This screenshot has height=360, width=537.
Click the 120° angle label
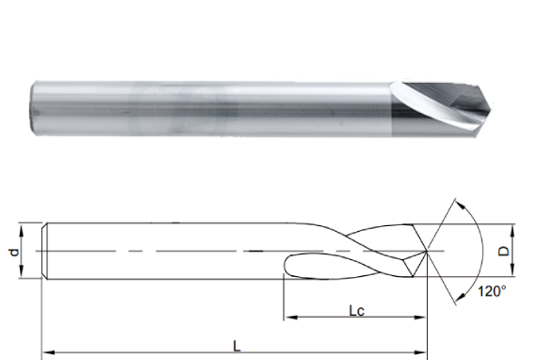(x=492, y=291)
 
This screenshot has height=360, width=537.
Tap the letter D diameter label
(x=503, y=252)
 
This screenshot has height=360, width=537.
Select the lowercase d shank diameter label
(x=14, y=253)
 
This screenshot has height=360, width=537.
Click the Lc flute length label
(x=357, y=311)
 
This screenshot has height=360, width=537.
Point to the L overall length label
(x=236, y=346)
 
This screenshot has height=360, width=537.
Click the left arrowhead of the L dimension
(x=48, y=352)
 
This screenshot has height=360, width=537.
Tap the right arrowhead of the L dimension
(x=420, y=352)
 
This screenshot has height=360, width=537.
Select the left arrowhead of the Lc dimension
(x=291, y=318)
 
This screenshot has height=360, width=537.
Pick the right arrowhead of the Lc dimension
(x=420, y=318)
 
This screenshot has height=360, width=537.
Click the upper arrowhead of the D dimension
(x=513, y=231)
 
